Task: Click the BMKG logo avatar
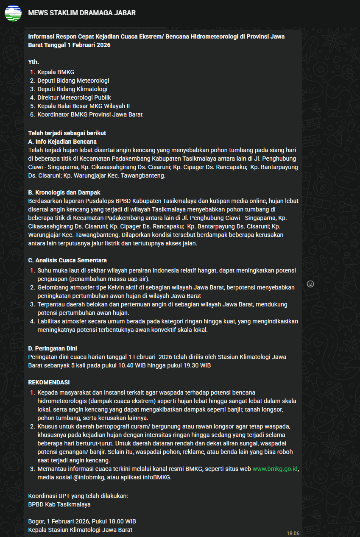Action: [13, 13]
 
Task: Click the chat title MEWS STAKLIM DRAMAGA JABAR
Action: [82, 13]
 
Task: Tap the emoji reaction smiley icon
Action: [310, 284]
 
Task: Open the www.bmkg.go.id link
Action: [275, 469]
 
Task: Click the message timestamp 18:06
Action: [293, 533]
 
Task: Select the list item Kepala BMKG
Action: [56, 72]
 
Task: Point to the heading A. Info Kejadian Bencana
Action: [62, 142]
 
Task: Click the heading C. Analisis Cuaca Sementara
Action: [67, 260]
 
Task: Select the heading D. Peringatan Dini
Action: [53, 348]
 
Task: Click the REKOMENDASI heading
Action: [49, 382]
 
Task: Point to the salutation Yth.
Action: [33, 62]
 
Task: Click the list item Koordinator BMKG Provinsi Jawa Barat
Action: [90, 114]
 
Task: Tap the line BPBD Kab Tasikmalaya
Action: [59, 504]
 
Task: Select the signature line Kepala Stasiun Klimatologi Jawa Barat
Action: [80, 530]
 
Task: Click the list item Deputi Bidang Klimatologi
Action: [72, 89]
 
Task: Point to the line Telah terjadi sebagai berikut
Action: [67, 133]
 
